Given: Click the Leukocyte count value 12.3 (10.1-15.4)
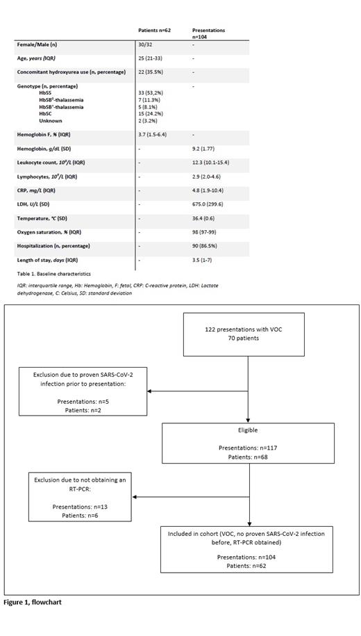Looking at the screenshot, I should (210, 162).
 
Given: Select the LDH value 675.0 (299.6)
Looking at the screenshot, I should (208, 204).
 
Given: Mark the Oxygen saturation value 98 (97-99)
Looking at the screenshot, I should (205, 232).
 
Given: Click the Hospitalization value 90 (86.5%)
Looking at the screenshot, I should (206, 246).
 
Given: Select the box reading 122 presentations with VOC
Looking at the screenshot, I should (248, 334).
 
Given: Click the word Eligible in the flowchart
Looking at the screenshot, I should (248, 430).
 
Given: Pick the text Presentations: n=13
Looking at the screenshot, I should (80, 507).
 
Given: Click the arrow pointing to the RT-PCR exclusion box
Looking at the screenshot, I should (136, 497).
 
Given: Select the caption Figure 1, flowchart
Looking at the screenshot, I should (33, 602).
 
